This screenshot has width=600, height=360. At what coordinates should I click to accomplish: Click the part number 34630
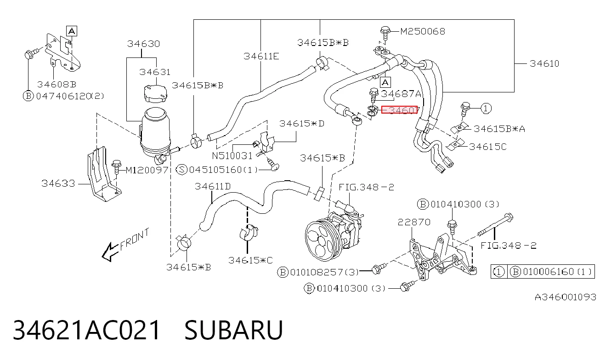(143, 44)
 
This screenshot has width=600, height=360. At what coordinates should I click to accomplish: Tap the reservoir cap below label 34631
(155, 93)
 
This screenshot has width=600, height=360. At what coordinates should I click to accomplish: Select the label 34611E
(261, 56)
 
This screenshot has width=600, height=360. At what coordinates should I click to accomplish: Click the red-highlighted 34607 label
(399, 109)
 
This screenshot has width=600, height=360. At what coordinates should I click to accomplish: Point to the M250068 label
(423, 32)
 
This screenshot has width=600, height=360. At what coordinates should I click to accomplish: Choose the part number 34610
(544, 63)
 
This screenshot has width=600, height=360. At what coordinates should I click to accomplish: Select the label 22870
(414, 222)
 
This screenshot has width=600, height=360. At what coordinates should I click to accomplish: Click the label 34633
(58, 183)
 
